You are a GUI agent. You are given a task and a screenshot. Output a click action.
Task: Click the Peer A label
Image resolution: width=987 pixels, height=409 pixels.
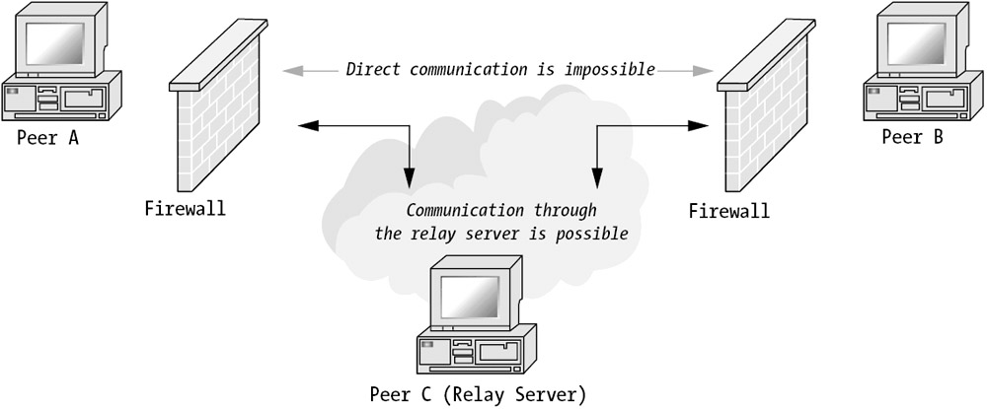coord(47,138)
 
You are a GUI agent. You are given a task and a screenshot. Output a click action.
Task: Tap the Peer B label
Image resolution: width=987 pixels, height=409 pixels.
coord(912,137)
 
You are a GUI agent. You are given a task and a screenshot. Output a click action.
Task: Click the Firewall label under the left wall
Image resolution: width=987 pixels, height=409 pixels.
coord(185,208)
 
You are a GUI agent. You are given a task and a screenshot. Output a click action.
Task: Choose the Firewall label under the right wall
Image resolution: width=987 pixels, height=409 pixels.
coord(729,211)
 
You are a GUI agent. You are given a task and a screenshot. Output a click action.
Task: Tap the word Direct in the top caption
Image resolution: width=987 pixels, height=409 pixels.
coord(371,70)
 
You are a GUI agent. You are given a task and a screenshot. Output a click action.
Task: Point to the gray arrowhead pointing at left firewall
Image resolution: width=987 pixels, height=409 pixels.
coord(289,71)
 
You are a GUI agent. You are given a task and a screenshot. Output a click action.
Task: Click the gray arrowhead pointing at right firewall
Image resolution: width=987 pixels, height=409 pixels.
coord(705,71)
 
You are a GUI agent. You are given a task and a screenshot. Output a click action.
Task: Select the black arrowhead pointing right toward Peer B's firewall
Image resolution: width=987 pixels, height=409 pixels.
coord(701,125)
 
